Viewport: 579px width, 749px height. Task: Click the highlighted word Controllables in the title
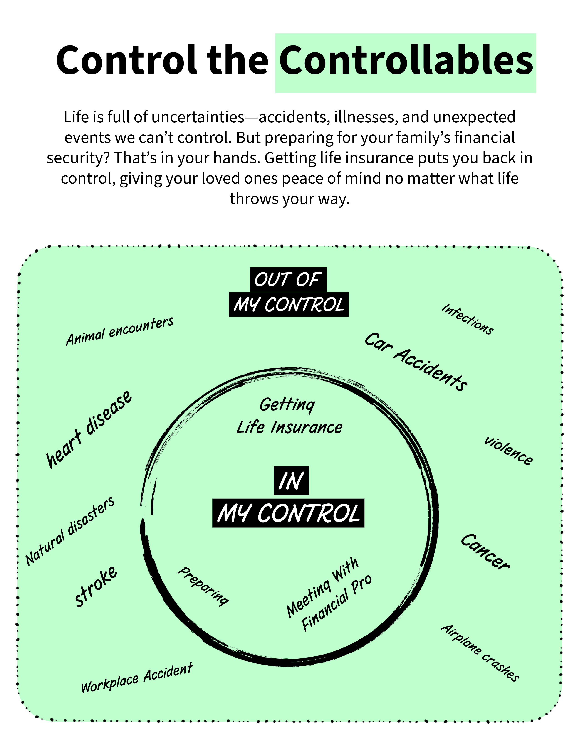coord(406,62)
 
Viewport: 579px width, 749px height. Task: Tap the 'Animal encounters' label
coord(120,331)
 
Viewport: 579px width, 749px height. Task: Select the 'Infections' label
coord(468,319)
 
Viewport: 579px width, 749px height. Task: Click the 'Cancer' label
coord(485,552)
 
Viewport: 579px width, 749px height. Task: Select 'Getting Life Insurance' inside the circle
coord(289,416)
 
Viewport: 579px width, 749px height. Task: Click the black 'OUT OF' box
coord(288,279)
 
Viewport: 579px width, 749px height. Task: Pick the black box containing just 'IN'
coord(291,480)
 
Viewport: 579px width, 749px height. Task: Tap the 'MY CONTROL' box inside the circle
coord(288,513)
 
